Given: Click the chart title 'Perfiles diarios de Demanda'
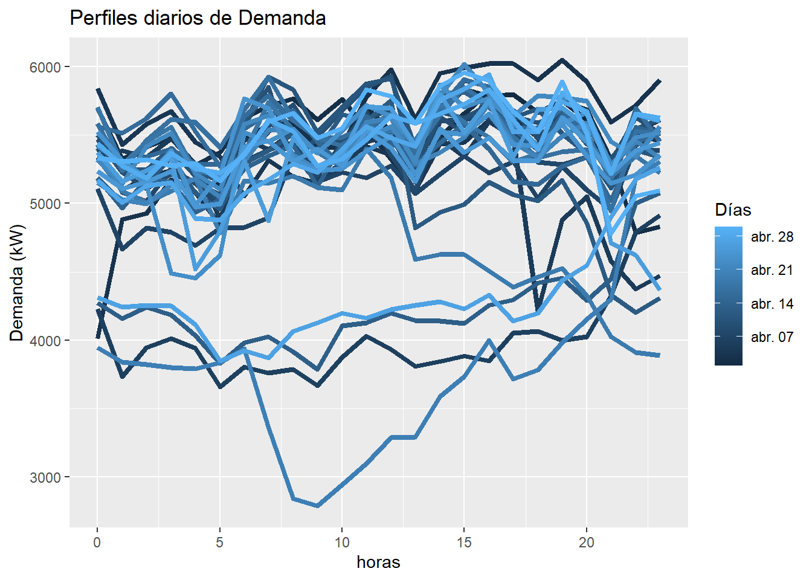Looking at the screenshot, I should pos(198,18).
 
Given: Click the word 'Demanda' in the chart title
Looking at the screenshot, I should pos(282,18).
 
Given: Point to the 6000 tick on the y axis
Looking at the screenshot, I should pos(45,67).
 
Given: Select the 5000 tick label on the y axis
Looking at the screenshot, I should pos(45,204).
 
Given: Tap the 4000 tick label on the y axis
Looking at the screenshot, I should pos(45,341).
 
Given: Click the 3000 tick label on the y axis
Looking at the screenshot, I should pos(45,477).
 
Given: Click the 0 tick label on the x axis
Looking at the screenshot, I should pos(97,543).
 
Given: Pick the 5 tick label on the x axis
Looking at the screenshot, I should pos(219,543).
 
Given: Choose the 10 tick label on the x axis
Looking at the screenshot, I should pos(342,543).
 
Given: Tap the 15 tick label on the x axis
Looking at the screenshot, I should pos(464,543).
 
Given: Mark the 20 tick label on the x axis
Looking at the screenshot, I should pos(586,543).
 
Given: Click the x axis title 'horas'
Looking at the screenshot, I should pos(378,562).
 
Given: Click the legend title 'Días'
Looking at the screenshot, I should pos(733,210).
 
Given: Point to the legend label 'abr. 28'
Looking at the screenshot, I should pos(772,237).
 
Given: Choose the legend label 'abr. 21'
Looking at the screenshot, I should pos(772,270).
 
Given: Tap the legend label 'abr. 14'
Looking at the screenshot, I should pos(772,304).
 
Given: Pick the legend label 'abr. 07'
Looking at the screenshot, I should pos(772,337).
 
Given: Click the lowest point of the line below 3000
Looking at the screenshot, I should pos(318,506).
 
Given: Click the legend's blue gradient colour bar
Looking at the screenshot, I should pos(728,296).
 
